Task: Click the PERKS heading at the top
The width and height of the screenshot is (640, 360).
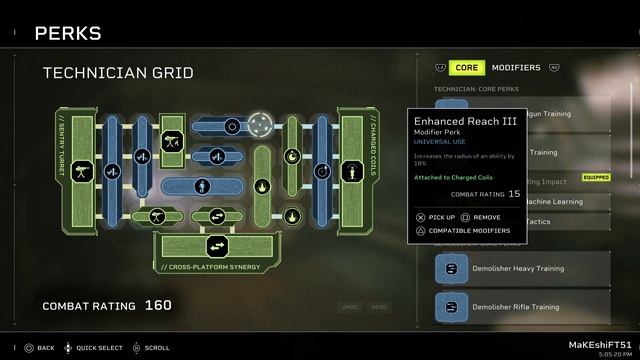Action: click(x=68, y=34)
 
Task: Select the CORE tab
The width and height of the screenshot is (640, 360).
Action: click(x=466, y=68)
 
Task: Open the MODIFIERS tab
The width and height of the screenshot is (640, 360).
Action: click(x=516, y=68)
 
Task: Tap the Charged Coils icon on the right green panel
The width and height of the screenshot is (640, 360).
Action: click(x=352, y=171)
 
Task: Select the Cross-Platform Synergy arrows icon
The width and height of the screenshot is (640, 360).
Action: click(x=216, y=245)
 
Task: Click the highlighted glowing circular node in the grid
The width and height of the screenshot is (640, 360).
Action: click(x=260, y=126)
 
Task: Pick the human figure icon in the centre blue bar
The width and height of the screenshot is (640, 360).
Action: click(x=202, y=185)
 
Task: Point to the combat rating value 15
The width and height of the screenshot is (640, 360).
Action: click(x=514, y=193)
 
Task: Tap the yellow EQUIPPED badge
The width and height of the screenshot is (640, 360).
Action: click(x=595, y=177)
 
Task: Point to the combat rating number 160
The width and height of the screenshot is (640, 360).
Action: click(x=158, y=305)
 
